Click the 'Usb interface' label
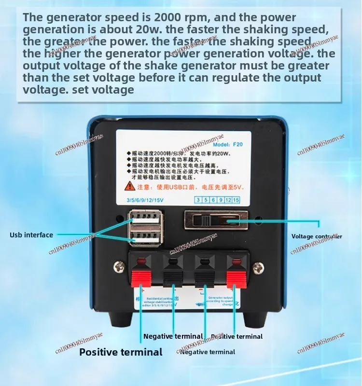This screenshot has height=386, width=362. (31, 235)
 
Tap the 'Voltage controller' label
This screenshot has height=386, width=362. (317, 236)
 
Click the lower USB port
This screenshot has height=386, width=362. (143, 237)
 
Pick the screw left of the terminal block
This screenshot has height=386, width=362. (118, 266)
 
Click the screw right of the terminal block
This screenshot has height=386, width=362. (259, 266)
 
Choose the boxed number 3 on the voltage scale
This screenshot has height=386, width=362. (198, 200)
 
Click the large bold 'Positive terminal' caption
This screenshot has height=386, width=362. (121, 352)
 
